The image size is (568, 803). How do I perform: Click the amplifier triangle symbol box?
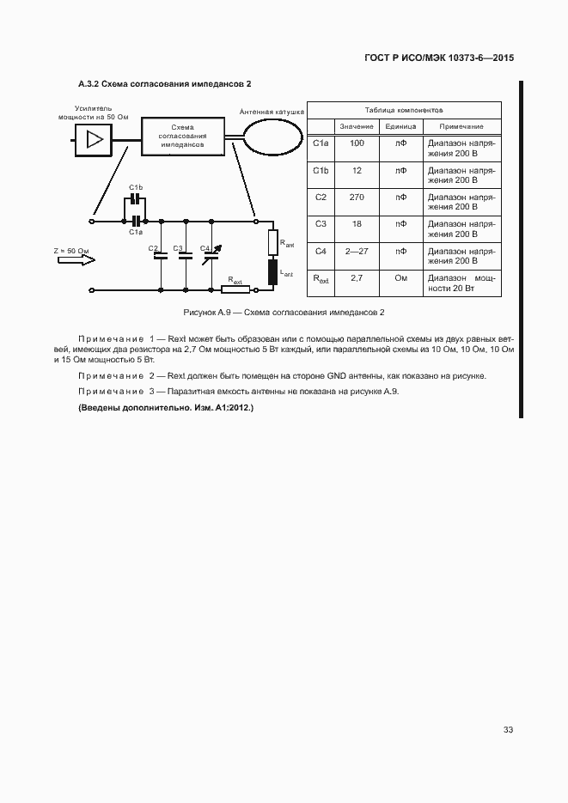click(95, 138)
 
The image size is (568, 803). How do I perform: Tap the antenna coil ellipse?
click(272, 135)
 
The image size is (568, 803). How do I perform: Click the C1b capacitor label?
click(136, 187)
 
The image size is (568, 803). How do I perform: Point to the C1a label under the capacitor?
click(136, 232)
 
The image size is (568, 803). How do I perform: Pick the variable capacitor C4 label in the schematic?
click(205, 248)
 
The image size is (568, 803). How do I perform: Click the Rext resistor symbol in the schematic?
click(235, 289)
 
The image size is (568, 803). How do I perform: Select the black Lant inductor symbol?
click(273, 271)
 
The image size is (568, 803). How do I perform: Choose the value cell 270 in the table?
click(357, 197)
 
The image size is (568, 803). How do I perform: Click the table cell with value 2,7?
click(357, 278)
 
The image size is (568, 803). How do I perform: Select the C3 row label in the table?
click(321, 223)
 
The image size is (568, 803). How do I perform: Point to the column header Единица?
click(400, 126)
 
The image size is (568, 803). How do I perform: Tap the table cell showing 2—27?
click(357, 251)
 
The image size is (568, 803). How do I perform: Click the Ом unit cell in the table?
click(400, 278)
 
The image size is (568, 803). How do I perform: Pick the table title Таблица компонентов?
click(404, 111)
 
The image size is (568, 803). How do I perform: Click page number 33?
click(508, 730)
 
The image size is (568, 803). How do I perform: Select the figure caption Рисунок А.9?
click(284, 312)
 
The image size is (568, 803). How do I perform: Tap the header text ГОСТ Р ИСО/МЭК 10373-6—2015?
click(439, 58)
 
